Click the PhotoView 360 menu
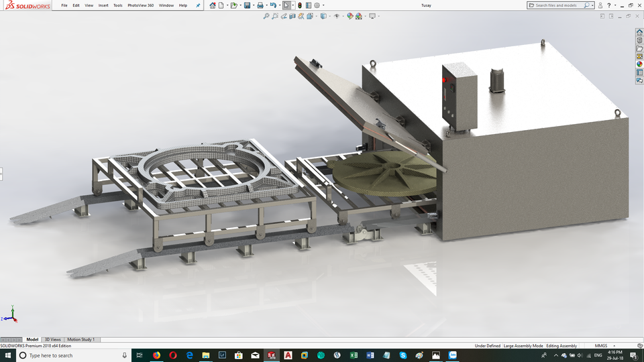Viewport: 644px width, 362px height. (141, 5)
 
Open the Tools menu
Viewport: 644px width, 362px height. (118, 5)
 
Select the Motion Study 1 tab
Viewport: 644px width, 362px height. (80, 340)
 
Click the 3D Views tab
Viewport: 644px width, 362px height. (52, 340)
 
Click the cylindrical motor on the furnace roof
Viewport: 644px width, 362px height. (498, 80)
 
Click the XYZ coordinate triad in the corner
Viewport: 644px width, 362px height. (11, 315)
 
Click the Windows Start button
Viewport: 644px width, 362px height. (7, 355)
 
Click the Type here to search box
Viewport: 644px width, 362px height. (67, 355)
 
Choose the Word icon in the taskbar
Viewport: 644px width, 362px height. (370, 355)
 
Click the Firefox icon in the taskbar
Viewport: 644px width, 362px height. (156, 355)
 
